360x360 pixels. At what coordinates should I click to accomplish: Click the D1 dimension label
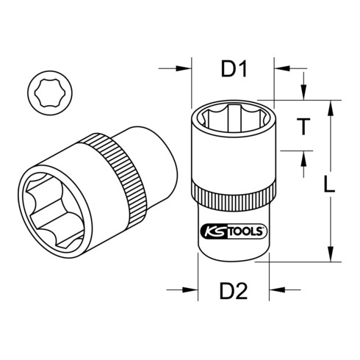[x=233, y=71]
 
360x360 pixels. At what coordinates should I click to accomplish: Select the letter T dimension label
[x=302, y=126]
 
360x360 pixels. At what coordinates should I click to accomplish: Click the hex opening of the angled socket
[x=51, y=201]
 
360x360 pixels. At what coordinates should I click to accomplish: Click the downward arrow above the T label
[x=302, y=95]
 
